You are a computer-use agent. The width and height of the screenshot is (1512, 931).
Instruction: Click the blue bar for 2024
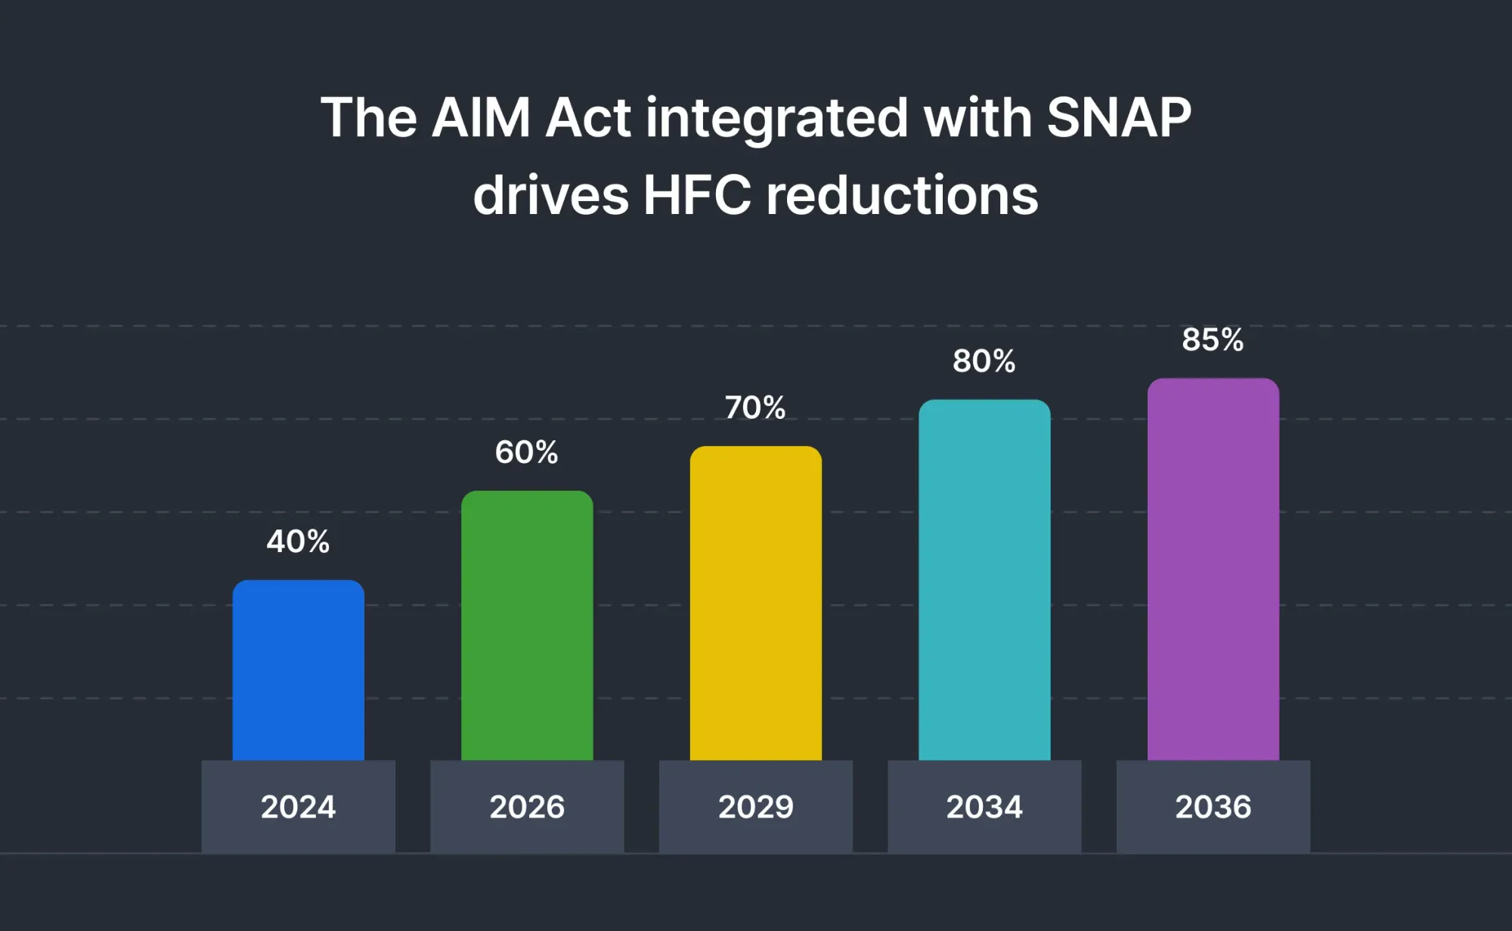point(298,670)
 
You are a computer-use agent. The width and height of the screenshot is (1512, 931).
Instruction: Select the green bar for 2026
point(527,625)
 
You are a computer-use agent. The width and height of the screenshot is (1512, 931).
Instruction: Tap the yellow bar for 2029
point(755,603)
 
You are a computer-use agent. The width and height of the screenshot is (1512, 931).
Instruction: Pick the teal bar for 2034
point(984,580)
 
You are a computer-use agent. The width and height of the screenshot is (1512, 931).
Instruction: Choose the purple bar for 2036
point(1213,569)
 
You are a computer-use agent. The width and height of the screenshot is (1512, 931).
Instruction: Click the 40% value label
point(298,542)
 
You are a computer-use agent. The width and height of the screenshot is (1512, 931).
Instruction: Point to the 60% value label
point(527,452)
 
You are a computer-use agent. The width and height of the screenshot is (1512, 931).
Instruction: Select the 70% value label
point(755,408)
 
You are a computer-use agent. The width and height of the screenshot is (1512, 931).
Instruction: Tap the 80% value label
point(984,361)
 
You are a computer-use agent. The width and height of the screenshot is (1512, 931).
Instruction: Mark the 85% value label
point(1213,340)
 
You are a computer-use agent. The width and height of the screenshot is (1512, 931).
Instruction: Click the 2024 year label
point(298,807)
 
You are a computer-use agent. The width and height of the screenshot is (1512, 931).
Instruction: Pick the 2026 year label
point(527,807)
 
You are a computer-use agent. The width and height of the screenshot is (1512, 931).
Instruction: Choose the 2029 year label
point(755,807)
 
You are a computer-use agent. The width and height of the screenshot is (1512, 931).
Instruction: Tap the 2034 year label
point(984,807)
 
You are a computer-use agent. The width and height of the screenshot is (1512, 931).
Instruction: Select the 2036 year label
point(1213,807)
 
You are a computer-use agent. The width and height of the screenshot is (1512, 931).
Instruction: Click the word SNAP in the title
point(1119,118)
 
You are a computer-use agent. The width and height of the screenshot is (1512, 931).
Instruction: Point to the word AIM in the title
point(481,118)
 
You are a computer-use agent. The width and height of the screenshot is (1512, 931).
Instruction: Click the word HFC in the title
point(696,195)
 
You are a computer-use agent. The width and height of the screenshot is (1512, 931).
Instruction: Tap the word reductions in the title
point(902,195)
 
